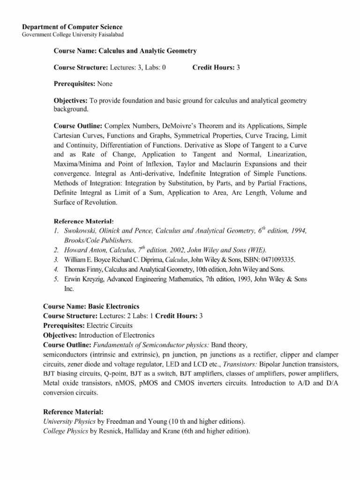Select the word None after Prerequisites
click(x=105, y=84)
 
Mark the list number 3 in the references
click(x=55, y=260)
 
